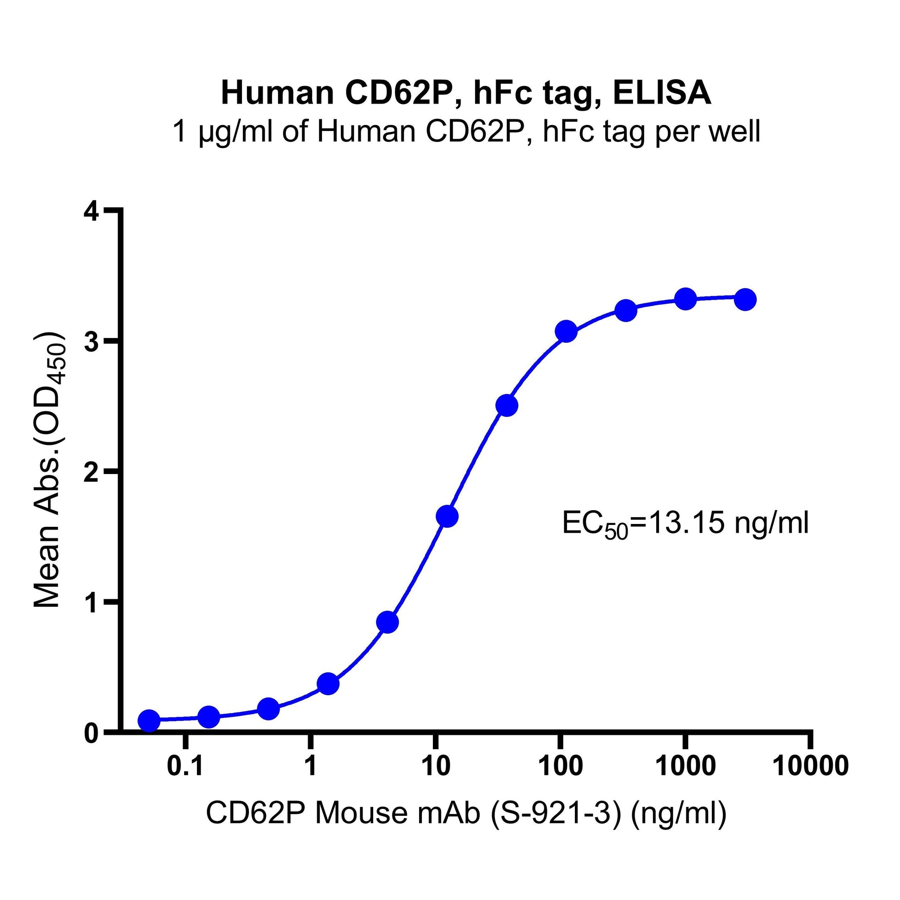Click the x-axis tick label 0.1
point(185,766)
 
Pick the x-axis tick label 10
point(435,766)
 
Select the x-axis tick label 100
point(561,766)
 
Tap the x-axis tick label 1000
point(685,766)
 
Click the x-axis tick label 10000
point(811,766)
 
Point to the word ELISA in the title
point(661,93)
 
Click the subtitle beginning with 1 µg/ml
point(466,132)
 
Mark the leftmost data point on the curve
point(149,720)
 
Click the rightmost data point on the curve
point(746,300)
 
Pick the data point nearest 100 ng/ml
point(567,332)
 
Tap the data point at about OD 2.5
point(507,406)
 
